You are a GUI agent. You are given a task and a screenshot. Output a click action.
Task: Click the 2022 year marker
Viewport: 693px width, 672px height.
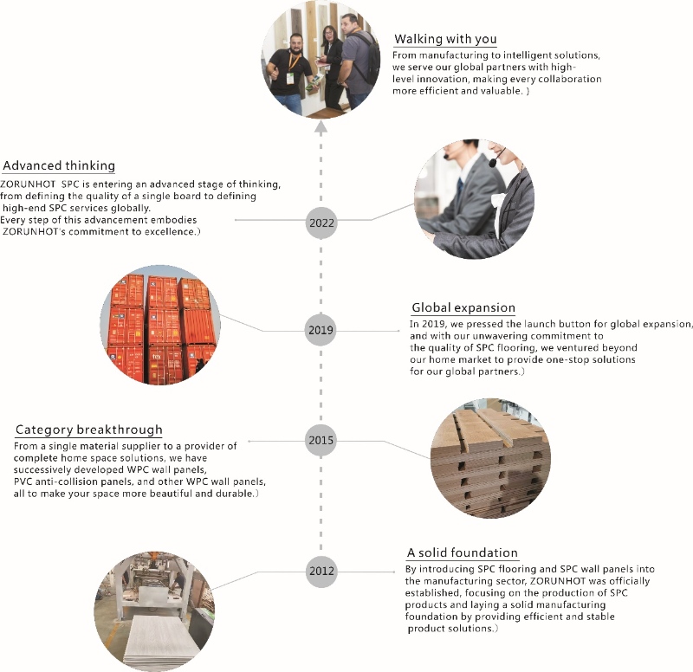[x=321, y=223]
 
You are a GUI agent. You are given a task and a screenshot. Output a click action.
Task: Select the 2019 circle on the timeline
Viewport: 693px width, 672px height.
[x=321, y=330]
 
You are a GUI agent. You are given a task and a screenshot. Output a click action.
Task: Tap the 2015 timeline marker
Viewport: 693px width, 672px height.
[x=321, y=440]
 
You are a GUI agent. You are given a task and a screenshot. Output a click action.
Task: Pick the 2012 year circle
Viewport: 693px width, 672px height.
[x=321, y=571]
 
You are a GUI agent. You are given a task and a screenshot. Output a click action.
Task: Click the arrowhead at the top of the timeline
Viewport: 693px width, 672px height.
[x=321, y=127]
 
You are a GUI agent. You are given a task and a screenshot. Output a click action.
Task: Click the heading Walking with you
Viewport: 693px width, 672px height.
[x=445, y=39]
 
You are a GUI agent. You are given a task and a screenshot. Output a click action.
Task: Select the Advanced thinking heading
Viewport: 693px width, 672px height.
[x=59, y=165]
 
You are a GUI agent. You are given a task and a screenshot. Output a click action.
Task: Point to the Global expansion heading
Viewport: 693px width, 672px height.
[x=463, y=307]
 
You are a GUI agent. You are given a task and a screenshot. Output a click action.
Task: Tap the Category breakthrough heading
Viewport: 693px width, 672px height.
[x=89, y=430]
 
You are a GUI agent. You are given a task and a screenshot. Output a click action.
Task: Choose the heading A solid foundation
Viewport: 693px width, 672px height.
[x=463, y=552]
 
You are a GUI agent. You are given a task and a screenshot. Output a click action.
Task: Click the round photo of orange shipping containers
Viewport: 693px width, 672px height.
[x=160, y=326]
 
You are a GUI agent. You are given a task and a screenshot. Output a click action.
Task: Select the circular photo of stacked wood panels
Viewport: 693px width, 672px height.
[x=490, y=458]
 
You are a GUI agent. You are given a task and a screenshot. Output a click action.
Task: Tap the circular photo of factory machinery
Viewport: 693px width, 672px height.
[x=154, y=612]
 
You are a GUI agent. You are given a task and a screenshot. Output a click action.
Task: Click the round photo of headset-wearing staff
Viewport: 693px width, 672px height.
[x=474, y=199]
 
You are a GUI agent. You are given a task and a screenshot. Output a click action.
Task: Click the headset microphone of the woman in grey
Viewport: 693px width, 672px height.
[x=492, y=163]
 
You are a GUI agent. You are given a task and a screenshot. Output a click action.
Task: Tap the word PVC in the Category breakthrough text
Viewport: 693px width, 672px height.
[x=23, y=481]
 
